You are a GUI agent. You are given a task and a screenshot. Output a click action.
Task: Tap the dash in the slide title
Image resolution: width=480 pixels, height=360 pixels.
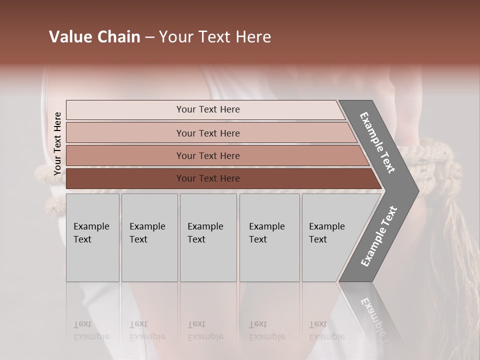(x=149, y=37)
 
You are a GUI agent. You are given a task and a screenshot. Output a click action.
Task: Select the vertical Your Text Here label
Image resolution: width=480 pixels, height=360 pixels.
(x=57, y=143)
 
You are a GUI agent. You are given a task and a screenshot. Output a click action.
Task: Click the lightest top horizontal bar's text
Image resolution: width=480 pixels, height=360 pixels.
(x=207, y=109)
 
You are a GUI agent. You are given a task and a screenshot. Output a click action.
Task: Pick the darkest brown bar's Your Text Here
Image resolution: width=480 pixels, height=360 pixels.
(x=207, y=178)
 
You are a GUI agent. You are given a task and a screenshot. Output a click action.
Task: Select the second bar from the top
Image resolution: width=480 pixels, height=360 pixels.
(x=207, y=133)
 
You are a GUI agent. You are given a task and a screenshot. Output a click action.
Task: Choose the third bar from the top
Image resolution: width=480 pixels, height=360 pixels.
(x=207, y=156)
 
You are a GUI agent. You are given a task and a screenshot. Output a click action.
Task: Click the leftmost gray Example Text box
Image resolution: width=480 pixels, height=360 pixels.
(x=92, y=237)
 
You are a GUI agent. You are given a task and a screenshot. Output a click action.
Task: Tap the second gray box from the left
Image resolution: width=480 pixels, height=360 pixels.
(x=149, y=237)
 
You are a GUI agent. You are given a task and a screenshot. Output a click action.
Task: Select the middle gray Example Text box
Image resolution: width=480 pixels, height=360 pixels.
(x=207, y=237)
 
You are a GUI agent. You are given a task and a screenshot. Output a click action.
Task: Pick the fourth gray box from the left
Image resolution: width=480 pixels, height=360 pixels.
(x=269, y=237)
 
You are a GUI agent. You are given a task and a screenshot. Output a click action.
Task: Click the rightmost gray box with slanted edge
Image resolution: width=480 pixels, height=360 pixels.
(x=330, y=237)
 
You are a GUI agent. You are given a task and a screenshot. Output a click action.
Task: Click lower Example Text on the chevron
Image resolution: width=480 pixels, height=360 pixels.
(x=379, y=236)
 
